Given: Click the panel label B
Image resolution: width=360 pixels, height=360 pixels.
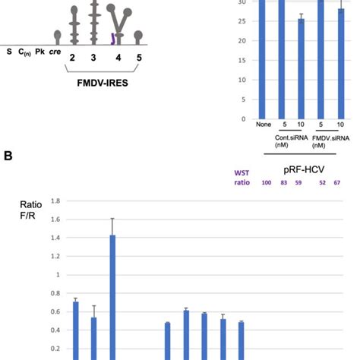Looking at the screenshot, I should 8,176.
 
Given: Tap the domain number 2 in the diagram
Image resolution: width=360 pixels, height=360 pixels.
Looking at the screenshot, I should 71,57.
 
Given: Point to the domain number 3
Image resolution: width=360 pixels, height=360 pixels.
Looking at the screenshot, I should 94,57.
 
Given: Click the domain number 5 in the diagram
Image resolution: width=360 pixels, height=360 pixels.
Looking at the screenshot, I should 138,57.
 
